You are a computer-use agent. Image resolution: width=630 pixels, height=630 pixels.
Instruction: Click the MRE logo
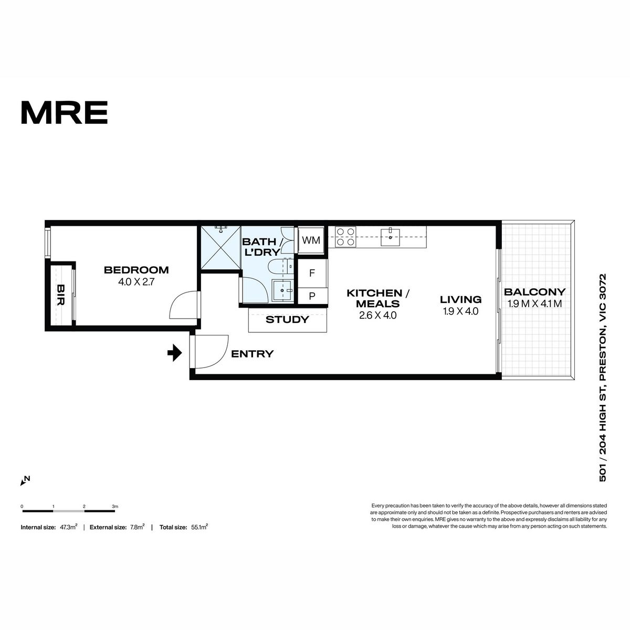[x=65, y=112]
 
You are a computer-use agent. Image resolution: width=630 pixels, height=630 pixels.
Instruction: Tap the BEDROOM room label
[x=136, y=270]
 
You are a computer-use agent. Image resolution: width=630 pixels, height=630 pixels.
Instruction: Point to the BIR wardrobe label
[x=60, y=295]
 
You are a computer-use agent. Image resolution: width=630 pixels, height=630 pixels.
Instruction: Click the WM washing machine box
[x=311, y=240]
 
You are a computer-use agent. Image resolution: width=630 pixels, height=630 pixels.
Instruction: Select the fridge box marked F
[x=312, y=273]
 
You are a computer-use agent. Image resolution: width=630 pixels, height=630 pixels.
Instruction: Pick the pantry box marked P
[x=312, y=296]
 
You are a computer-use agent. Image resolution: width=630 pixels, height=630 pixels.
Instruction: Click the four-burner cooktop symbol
[x=345, y=237]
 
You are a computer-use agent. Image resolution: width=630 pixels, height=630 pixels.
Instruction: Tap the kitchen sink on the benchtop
[x=390, y=237]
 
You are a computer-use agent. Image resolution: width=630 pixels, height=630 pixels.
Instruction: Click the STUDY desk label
[x=287, y=320]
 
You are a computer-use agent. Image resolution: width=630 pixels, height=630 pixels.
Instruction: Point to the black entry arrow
[x=175, y=353]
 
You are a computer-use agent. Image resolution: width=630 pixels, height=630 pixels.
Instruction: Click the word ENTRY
[x=252, y=354]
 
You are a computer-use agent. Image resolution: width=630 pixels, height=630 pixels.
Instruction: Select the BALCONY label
[x=534, y=291]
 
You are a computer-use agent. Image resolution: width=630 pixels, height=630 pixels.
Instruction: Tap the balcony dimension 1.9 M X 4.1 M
[x=534, y=304]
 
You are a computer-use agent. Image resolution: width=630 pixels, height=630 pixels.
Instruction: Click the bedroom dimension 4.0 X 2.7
[x=136, y=282]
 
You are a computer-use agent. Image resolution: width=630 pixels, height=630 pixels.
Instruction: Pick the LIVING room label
[x=460, y=299]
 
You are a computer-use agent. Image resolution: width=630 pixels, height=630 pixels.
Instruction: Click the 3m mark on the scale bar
[x=115, y=507]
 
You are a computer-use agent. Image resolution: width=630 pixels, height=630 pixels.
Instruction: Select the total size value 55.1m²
[x=199, y=527]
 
